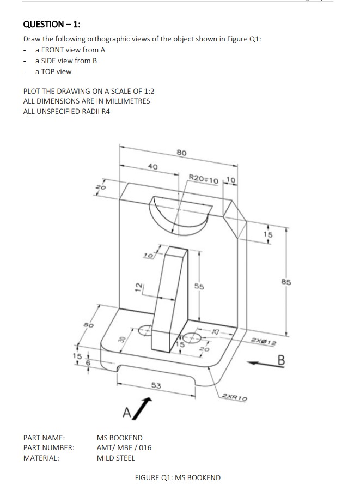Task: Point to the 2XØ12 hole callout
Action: [265, 342]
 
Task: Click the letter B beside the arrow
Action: [282, 360]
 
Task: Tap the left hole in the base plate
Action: [146, 329]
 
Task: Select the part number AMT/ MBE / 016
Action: [124, 448]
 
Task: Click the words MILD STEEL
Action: [115, 458]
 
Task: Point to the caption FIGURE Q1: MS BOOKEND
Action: [178, 478]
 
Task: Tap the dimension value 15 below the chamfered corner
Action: [267, 235]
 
